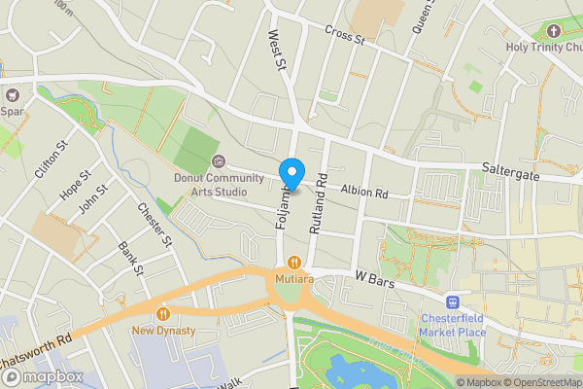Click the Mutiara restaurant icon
click(292, 262)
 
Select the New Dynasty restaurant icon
click(163, 313)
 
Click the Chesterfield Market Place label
click(453, 324)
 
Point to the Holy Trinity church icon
click(554, 30)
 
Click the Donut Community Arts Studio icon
click(218, 161)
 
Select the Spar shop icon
click(13, 95)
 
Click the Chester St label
click(154, 224)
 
